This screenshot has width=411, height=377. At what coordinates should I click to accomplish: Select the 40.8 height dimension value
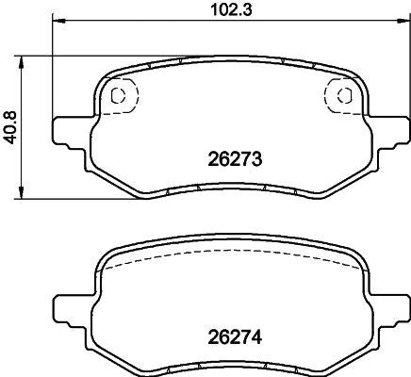[x=9, y=128]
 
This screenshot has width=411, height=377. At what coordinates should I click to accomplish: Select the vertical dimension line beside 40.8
[x=25, y=160]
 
